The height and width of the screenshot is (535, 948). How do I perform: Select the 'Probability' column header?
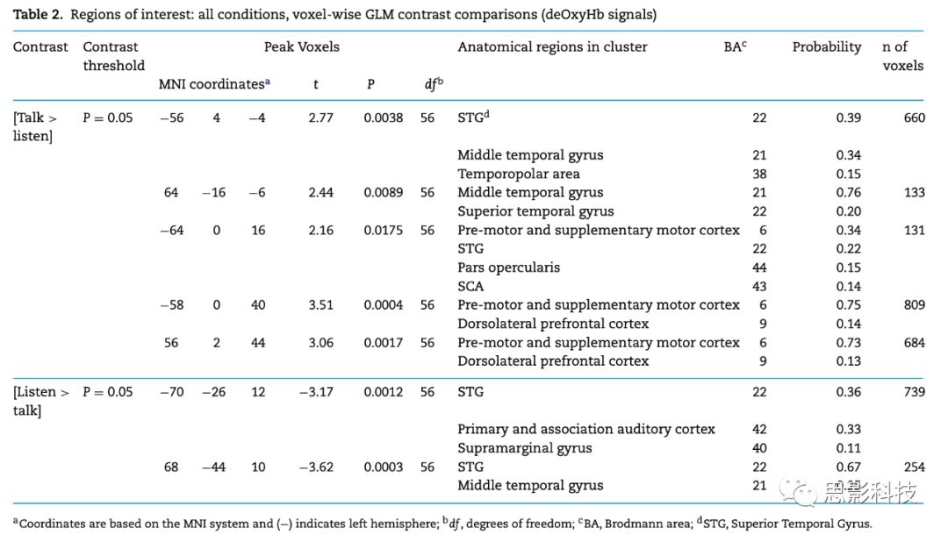click(x=827, y=47)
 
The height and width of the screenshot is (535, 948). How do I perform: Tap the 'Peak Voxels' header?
click(x=301, y=47)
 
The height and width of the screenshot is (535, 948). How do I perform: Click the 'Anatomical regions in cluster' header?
click(x=552, y=47)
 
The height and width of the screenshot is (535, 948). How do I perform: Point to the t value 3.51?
click(x=320, y=305)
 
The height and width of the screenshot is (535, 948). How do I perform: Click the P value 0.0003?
click(x=384, y=467)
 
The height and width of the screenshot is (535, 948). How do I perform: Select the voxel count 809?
click(x=914, y=305)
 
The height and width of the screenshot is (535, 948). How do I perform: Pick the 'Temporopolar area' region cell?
click(x=517, y=174)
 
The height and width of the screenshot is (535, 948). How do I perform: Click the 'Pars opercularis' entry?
click(x=508, y=267)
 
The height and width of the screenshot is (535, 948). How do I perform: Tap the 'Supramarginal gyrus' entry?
click(x=524, y=448)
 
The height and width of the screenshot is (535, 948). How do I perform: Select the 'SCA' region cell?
click(x=470, y=286)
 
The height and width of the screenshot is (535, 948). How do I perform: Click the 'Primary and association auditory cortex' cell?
click(x=585, y=430)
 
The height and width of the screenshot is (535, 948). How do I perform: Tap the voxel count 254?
click(x=914, y=467)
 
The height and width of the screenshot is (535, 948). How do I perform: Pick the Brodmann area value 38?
click(x=758, y=174)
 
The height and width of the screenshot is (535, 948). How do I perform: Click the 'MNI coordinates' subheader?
click(x=213, y=85)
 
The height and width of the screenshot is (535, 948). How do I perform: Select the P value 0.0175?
click(x=384, y=231)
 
